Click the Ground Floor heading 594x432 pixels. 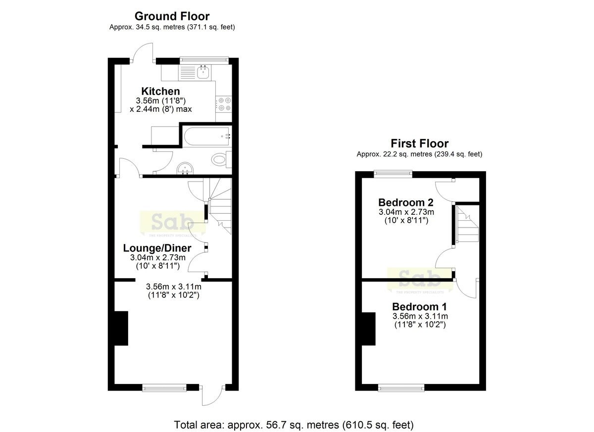pyautogui.click(x=172, y=16)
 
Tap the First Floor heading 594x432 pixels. pyautogui.click(x=420, y=144)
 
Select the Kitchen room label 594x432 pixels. pyautogui.click(x=160, y=91)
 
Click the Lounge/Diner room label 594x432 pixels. pyautogui.click(x=157, y=248)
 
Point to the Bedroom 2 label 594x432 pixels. pyautogui.click(x=406, y=202)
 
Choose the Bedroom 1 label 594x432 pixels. pyautogui.click(x=420, y=307)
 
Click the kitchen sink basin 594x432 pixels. pyautogui.click(x=203, y=72)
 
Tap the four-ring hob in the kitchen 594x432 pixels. pyautogui.click(x=224, y=104)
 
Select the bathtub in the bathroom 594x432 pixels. pyautogui.click(x=207, y=136)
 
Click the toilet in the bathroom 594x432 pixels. pyautogui.click(x=221, y=159)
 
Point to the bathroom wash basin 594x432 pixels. pyautogui.click(x=185, y=169)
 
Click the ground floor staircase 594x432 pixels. pyautogui.click(x=220, y=206)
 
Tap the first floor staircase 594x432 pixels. pyautogui.click(x=467, y=225)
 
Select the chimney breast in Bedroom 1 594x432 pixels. pyautogui.click(x=369, y=329)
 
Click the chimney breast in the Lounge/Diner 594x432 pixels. pyautogui.click(x=121, y=329)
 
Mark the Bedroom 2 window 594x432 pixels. pyautogui.click(x=393, y=174)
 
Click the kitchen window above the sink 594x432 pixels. pyautogui.click(x=204, y=60)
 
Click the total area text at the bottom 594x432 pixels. pyautogui.click(x=294, y=425)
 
